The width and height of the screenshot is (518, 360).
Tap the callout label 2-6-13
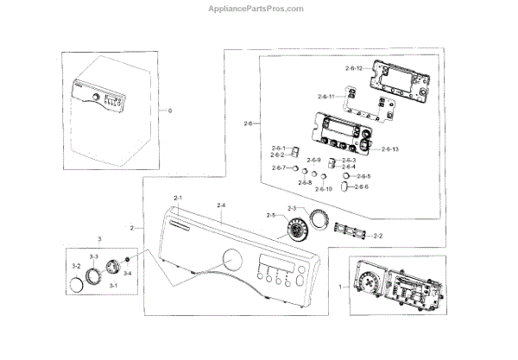click(388, 148)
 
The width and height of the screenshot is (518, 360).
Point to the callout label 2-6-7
click(279, 167)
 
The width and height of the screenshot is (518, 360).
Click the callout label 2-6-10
click(324, 188)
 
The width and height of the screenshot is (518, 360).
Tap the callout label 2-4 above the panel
click(221, 205)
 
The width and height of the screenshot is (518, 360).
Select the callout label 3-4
click(127, 273)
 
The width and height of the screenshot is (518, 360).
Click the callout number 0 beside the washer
click(170, 111)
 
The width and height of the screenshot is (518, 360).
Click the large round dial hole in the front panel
click(232, 259)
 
